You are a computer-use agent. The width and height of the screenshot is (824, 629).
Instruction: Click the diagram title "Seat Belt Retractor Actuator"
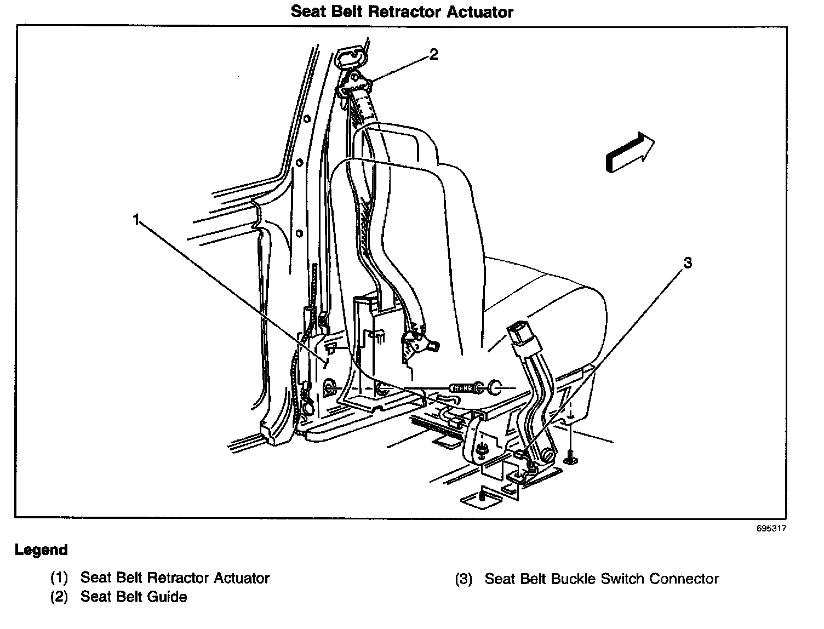point(402,12)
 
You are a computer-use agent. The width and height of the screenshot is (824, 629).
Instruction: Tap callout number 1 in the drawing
point(136,220)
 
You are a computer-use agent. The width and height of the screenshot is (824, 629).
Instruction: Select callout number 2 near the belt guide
point(433,54)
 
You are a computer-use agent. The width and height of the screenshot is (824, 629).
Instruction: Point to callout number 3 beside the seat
point(687,264)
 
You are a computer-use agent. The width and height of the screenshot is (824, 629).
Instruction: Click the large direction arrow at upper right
point(630,152)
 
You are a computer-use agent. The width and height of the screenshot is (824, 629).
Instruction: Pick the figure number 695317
point(771,529)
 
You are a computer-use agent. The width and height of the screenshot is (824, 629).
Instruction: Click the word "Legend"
point(42,550)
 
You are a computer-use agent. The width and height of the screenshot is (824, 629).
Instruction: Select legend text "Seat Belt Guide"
point(134,597)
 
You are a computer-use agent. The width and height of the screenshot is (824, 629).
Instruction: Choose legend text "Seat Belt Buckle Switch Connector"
point(602,579)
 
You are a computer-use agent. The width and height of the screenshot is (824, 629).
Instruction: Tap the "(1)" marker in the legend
point(59,578)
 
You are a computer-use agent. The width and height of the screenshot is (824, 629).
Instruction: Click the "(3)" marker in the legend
point(463,579)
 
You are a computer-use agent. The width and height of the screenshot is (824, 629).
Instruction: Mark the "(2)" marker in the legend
point(59,597)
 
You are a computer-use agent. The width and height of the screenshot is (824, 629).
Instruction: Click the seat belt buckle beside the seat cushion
point(520,335)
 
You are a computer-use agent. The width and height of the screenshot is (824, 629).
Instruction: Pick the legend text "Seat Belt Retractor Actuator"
point(175,578)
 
